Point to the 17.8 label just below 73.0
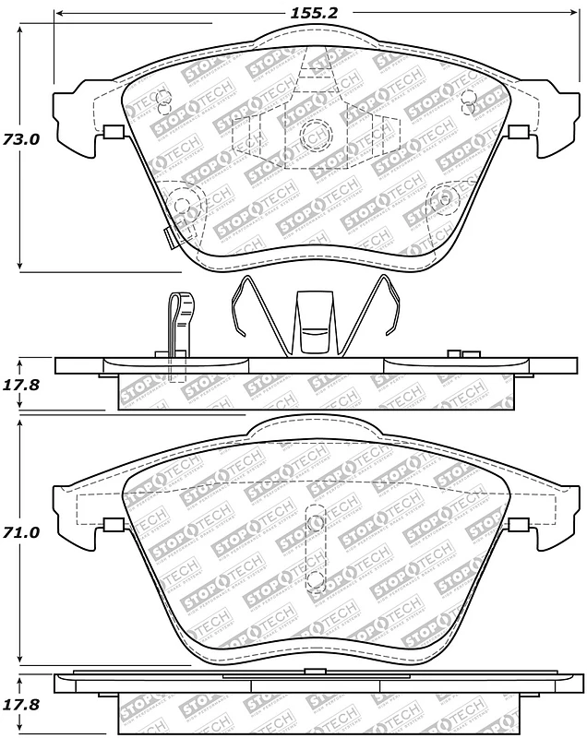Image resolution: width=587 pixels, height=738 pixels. (x=20, y=386)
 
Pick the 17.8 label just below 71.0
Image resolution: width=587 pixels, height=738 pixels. (x=20, y=704)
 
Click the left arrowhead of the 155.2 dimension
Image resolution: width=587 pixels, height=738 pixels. (x=59, y=14)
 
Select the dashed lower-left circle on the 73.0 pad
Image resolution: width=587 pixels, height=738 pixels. (x=182, y=201)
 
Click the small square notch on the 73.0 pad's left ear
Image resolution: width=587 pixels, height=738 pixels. (x=113, y=132)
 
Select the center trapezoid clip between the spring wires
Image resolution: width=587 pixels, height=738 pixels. (x=314, y=323)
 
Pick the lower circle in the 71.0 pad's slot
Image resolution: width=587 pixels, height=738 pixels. (x=314, y=579)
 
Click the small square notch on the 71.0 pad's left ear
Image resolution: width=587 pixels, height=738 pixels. (x=113, y=526)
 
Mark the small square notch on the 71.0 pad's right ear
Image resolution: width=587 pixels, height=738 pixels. (x=518, y=526)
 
